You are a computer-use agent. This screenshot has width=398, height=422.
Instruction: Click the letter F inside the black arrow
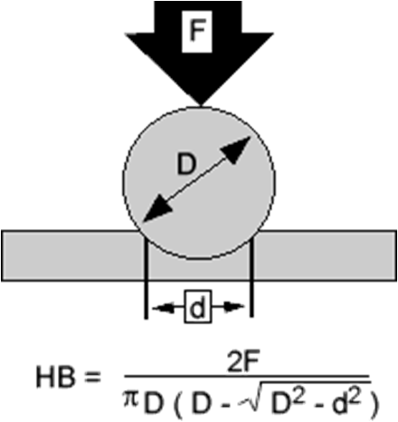pos(197,31)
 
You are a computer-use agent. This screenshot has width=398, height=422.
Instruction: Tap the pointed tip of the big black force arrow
pos(201,106)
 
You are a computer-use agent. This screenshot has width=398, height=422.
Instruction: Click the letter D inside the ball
pos(186,164)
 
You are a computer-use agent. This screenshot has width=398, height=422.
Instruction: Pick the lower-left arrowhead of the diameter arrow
pos(156,209)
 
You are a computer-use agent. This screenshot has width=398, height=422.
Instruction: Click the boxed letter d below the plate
pos(197,307)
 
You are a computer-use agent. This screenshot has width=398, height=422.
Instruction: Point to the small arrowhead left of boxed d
pos(164,308)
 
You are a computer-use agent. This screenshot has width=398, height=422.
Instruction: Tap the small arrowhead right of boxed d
pos(233,307)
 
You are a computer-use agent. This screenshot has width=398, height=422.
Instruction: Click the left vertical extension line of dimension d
pos(147,277)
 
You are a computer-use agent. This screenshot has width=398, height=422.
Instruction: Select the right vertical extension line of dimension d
pos(251,277)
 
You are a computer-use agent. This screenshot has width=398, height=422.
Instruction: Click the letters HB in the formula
pos(55,377)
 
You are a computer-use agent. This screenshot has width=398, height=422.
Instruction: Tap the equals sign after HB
pos(91,378)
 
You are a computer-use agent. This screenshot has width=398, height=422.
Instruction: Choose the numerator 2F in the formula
pos(243,363)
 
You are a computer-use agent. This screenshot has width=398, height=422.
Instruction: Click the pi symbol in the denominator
pos(131,400)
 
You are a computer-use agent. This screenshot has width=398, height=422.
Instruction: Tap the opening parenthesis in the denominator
pos(177,405)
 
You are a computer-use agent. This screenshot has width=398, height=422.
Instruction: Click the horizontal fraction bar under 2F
pos(247,377)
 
